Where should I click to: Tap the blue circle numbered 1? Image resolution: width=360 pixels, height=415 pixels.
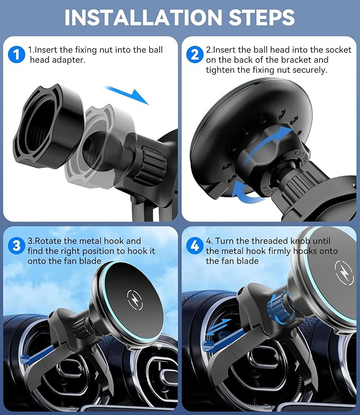coord(16,54)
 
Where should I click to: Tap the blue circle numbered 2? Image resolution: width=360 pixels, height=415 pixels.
coord(195,54)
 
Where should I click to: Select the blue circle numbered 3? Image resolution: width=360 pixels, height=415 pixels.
coord(17,246)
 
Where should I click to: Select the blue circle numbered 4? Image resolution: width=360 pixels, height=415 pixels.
coord(195,246)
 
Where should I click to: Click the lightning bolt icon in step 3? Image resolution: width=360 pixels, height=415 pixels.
coord(133,297)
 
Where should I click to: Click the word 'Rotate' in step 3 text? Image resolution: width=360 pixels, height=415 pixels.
coord(51,241)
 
